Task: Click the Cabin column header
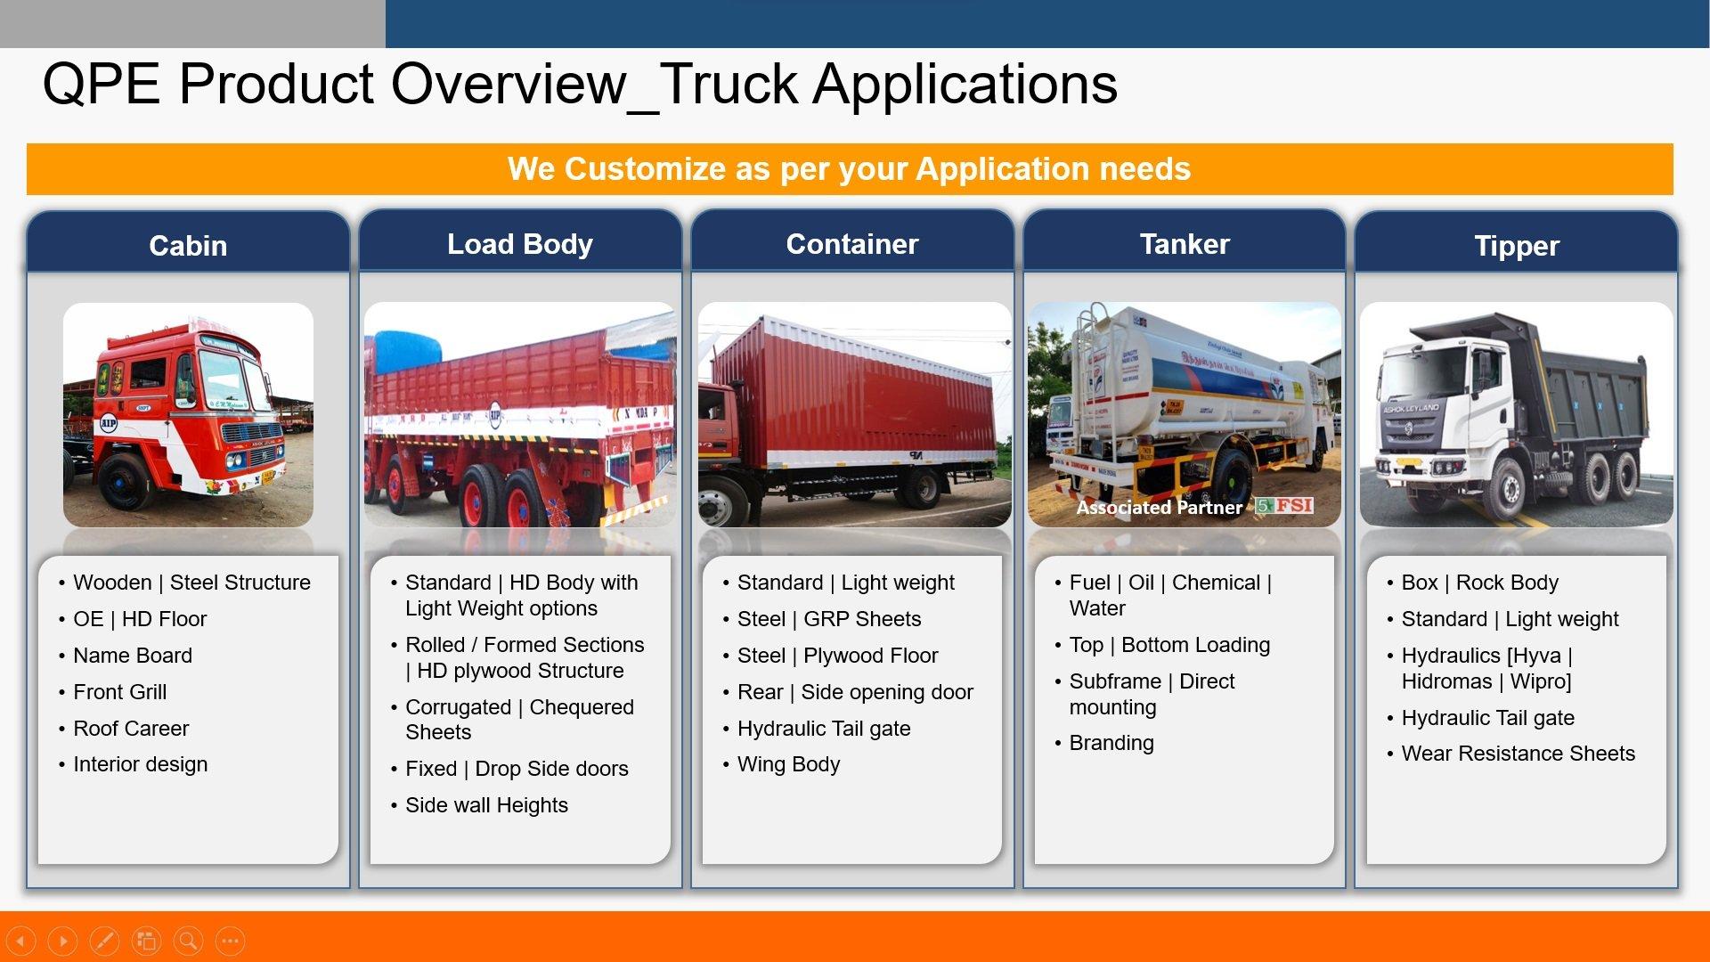pos(188,246)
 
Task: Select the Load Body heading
pos(520,244)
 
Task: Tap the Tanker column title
pos(1185,244)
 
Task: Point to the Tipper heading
pos(1517,247)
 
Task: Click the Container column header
pos(852,244)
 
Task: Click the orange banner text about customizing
pos(850,169)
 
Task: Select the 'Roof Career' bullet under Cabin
pos(131,729)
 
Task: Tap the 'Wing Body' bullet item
pos(788,765)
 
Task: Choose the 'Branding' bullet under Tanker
pos(1111,744)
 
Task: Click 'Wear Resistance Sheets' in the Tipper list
pos(1519,754)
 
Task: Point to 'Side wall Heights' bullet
pos(486,806)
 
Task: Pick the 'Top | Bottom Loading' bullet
pos(1169,645)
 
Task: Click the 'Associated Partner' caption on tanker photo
pos(1159,508)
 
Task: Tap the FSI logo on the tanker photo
pos(1284,506)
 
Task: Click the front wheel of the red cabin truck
pos(125,481)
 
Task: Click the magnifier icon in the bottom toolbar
pos(188,941)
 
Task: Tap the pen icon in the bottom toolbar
pos(104,941)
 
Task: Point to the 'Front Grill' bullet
pos(119,692)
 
